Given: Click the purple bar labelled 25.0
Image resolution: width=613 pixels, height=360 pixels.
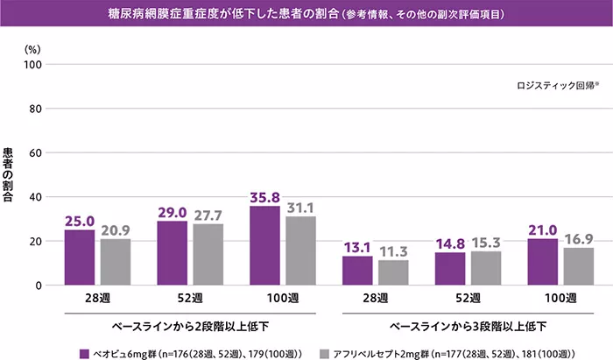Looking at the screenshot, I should coord(80,258).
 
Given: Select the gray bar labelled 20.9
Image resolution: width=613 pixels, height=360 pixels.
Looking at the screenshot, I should coord(115,262).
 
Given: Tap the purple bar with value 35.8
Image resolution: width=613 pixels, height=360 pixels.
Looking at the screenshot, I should coord(264,245).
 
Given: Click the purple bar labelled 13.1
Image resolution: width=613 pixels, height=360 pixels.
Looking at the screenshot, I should coord(357,271).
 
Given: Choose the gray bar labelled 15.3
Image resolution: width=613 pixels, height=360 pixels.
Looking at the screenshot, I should coord(485,268).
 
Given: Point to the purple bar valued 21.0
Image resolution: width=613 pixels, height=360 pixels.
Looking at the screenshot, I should coord(542,262).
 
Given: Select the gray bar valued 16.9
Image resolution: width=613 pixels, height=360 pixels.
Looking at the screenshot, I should coord(578,266).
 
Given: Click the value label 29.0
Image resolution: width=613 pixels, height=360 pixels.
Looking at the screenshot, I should coord(172,213).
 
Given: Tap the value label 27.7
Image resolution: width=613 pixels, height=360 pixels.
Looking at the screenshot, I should coord(208,215).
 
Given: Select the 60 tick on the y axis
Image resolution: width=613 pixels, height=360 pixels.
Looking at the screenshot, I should coord(35,153).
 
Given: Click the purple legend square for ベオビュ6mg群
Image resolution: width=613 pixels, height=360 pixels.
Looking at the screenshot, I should coord(84,354).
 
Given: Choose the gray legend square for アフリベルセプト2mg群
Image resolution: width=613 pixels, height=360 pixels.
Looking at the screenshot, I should coord(324,354).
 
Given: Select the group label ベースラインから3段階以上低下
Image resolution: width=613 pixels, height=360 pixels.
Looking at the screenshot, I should coord(469,326).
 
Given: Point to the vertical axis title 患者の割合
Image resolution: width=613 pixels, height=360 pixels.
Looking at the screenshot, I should coord(8,174).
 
